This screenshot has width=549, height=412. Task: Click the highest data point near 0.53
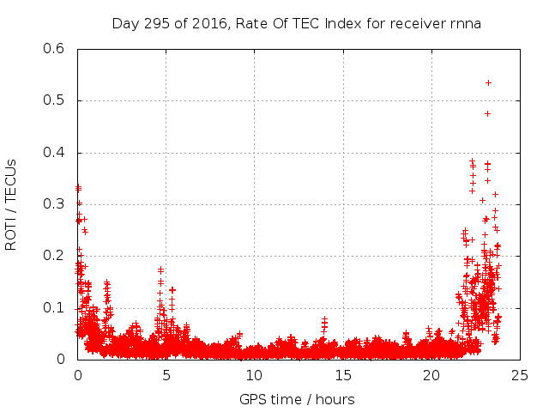(488, 82)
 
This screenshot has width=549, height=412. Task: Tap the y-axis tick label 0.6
(55, 49)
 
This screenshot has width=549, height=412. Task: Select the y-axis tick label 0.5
(55, 100)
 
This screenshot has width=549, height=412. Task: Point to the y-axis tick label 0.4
(55, 153)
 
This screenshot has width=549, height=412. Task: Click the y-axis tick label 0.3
(55, 204)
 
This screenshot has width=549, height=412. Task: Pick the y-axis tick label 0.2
(55, 256)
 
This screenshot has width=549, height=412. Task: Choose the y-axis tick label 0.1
(55, 307)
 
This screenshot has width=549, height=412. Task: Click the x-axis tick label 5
(166, 375)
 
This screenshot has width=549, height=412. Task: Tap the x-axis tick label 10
(254, 375)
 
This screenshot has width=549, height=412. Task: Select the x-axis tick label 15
(343, 375)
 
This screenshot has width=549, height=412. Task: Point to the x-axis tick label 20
(431, 375)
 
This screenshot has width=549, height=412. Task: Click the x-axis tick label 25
(521, 375)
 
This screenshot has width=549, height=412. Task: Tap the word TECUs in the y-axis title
(10, 177)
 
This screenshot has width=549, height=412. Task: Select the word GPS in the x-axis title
(254, 399)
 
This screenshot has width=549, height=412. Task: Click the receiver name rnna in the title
(464, 23)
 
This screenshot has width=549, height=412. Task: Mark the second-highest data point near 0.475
(487, 113)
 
